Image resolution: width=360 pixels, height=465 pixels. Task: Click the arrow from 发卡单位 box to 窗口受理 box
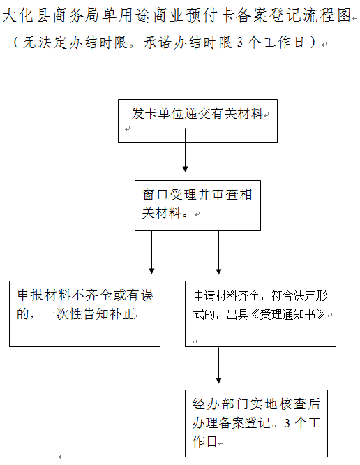pyautogui.click(x=185, y=150)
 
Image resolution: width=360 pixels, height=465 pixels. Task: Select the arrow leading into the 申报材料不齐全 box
pyautogui.click(x=151, y=252)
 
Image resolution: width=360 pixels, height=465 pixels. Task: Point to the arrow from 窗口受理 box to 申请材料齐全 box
pyautogui.click(x=218, y=252)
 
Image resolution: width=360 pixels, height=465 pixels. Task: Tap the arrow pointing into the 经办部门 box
pyautogui.click(x=218, y=365)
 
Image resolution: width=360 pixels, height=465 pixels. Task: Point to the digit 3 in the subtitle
pyautogui.click(x=240, y=43)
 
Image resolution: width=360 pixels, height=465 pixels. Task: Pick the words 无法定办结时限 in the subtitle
pyautogui.click(x=75, y=43)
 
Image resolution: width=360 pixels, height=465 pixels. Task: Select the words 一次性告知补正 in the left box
pyautogui.click(x=89, y=313)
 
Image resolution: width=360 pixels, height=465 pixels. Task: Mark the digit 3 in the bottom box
pyautogui.click(x=287, y=423)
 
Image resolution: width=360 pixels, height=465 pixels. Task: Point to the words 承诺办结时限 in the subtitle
pyautogui.click(x=188, y=43)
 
